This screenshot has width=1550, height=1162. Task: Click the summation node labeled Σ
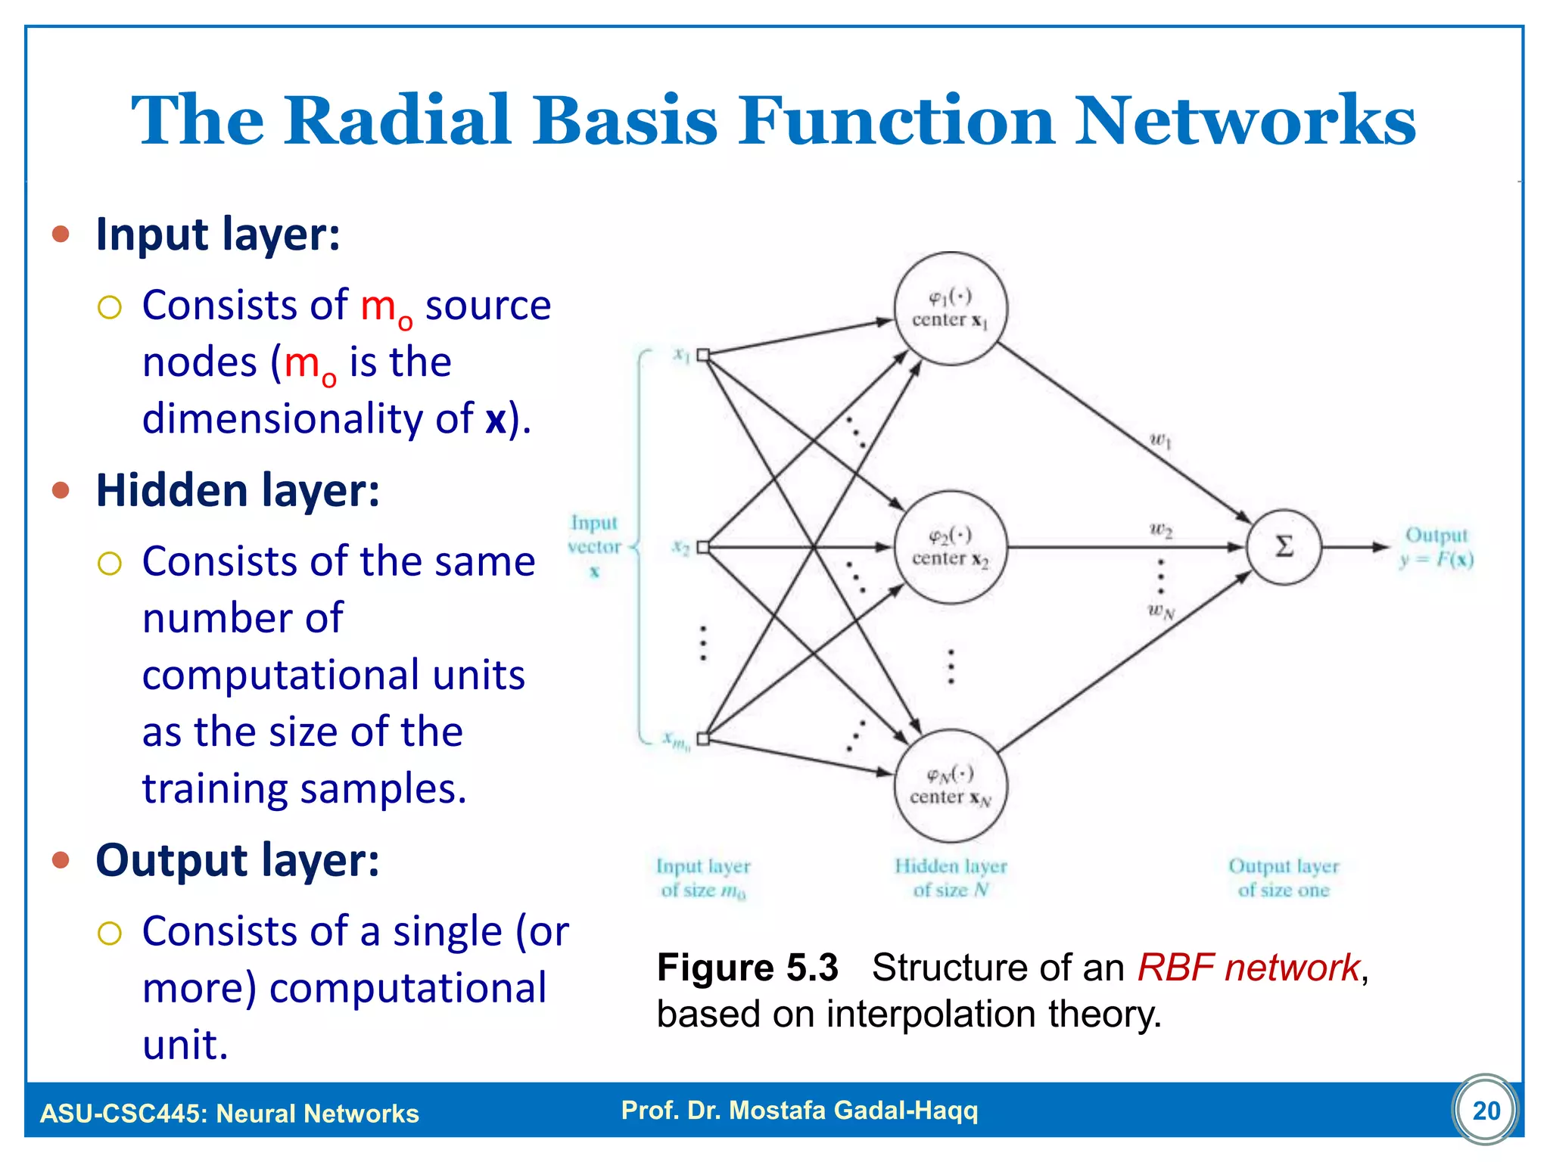click(x=1284, y=546)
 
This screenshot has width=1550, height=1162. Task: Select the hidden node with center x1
click(x=951, y=309)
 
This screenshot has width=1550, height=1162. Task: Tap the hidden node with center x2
click(x=951, y=547)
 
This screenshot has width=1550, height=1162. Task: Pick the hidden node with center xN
click(x=951, y=785)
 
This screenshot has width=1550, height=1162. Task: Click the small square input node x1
click(x=703, y=355)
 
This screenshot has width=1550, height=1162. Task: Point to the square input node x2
click(x=703, y=547)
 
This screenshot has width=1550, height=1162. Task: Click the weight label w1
click(x=1159, y=440)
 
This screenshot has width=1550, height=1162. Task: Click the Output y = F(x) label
click(x=1436, y=547)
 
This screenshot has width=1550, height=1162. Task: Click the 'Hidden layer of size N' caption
click(x=951, y=878)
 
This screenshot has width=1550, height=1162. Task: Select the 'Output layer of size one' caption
click(x=1284, y=878)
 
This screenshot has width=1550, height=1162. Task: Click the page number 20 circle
click(x=1486, y=1111)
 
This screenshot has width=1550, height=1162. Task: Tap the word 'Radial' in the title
click(x=397, y=121)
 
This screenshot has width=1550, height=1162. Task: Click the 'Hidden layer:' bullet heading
click(x=238, y=490)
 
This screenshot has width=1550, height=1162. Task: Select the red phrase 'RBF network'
click(x=1249, y=968)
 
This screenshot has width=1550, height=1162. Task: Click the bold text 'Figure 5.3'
click(x=748, y=968)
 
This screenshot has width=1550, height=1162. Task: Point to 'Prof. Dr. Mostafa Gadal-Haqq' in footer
click(x=799, y=1111)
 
